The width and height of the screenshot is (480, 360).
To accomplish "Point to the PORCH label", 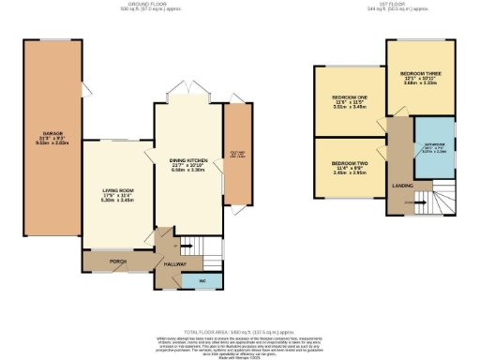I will tap(117, 262).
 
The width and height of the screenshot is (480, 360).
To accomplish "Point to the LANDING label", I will tap(404, 186).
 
